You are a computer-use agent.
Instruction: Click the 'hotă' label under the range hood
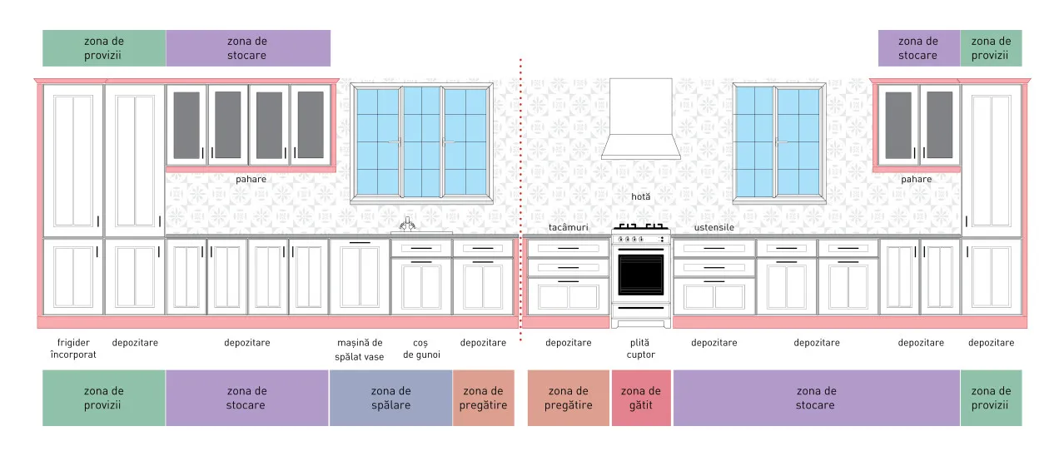click(640, 196)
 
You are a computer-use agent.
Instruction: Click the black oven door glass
click(641, 275)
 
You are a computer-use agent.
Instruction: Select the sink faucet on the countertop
click(407, 225)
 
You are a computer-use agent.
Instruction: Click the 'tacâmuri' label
click(568, 227)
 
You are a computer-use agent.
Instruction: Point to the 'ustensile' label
click(714, 227)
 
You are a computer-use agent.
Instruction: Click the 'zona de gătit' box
click(641, 398)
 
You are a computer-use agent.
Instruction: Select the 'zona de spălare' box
click(390, 398)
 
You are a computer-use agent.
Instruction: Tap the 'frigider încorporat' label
click(73, 349)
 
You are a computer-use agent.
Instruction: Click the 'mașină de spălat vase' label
click(360, 349)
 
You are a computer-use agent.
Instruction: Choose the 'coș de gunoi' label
click(421, 349)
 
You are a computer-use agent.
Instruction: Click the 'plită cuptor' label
click(640, 349)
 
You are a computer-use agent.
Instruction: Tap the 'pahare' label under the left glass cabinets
click(251, 180)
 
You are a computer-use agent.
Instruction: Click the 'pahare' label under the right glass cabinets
click(917, 180)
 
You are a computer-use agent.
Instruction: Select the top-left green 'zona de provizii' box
click(104, 48)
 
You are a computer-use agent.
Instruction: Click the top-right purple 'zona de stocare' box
click(918, 48)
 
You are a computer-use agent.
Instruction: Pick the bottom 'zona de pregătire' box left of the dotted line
click(483, 398)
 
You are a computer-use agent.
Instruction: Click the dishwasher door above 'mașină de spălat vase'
click(360, 276)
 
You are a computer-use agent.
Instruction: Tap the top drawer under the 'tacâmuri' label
click(568, 248)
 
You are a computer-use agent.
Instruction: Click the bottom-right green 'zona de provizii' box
click(991, 398)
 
